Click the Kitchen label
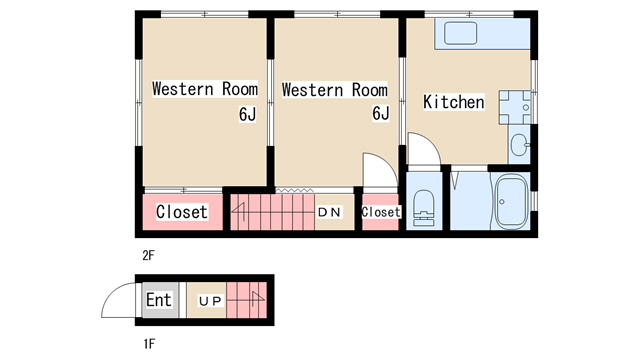(x=454, y=102)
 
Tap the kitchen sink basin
(x=460, y=33)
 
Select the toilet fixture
(x=424, y=207)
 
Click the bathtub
(x=511, y=202)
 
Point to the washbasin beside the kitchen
(x=519, y=145)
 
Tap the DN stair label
(x=329, y=212)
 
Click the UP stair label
(x=210, y=301)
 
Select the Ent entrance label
(x=159, y=300)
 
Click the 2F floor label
(x=149, y=256)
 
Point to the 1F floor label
(x=149, y=344)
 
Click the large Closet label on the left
(x=182, y=212)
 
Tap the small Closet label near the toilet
(x=381, y=212)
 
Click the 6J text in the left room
(x=247, y=114)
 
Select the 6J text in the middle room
(x=381, y=113)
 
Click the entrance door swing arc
(x=111, y=292)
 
